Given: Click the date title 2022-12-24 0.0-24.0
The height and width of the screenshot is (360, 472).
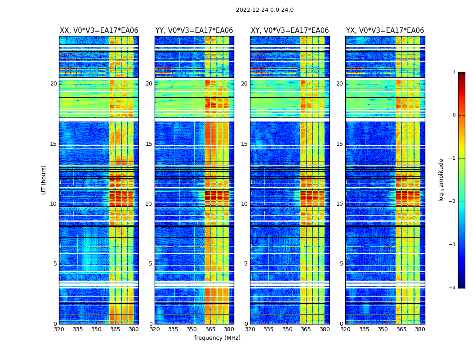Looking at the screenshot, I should click(x=264, y=10).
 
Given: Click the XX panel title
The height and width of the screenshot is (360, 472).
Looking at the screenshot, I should click(x=99, y=31).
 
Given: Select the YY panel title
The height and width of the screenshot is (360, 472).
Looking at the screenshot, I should click(x=194, y=31).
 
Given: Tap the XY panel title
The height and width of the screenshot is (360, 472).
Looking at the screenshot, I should click(x=289, y=31).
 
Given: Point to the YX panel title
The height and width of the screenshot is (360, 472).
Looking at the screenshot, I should click(x=385, y=31).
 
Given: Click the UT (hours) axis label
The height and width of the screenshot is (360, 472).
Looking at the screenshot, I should click(x=44, y=180).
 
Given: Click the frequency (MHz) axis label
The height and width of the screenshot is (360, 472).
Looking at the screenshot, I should click(x=217, y=338).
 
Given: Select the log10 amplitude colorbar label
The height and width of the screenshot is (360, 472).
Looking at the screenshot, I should click(x=441, y=180).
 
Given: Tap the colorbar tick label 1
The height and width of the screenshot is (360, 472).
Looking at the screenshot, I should click(x=454, y=72).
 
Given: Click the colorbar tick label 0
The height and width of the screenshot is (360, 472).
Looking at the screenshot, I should click(x=454, y=115).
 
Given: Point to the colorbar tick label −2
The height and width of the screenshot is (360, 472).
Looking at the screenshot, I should click(x=453, y=202).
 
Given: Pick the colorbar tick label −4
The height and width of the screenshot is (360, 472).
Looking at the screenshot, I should click(x=453, y=288).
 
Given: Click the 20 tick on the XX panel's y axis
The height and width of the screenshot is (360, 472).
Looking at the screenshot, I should click(x=53, y=84).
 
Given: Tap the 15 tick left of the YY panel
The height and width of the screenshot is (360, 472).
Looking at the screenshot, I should click(x=149, y=144).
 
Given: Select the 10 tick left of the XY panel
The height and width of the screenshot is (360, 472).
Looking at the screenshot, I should click(x=244, y=204).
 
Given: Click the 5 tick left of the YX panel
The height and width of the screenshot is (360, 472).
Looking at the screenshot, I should click(x=341, y=264).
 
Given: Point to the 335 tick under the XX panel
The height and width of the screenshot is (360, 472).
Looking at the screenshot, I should click(x=78, y=329).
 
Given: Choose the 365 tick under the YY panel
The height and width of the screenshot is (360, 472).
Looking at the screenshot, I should click(x=210, y=329).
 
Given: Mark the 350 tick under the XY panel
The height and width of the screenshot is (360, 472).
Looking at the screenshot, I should click(x=287, y=329).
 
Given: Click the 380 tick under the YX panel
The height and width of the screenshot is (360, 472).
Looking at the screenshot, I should click(x=420, y=329).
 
